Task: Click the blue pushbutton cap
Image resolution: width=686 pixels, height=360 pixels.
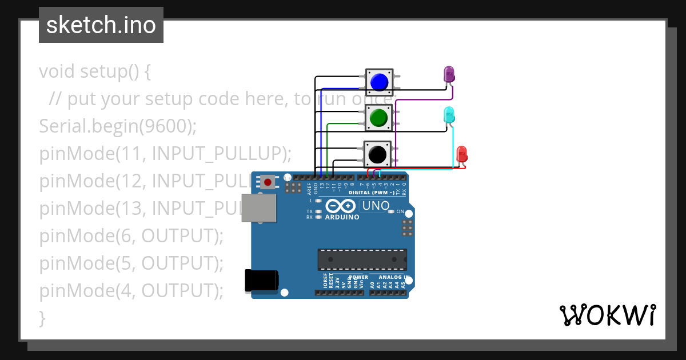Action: coord(379,82)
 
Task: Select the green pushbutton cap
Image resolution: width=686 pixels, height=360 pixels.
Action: coord(377,118)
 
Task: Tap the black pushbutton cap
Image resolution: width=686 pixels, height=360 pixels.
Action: coord(377,154)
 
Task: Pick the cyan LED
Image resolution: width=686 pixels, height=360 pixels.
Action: coord(449,114)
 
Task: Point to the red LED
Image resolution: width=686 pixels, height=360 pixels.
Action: coord(462,154)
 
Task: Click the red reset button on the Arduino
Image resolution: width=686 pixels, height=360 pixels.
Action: coord(267,182)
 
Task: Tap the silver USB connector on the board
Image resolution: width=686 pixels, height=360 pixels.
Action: coord(258,207)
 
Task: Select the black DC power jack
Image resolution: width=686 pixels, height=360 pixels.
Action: coord(261,279)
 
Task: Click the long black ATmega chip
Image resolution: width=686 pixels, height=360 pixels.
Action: coord(362,259)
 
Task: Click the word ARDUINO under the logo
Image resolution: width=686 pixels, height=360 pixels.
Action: coord(342,217)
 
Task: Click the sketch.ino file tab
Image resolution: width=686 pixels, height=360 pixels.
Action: coord(101,25)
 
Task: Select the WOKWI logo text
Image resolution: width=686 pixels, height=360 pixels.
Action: coord(607,315)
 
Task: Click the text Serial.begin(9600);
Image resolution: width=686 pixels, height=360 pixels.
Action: coord(118,126)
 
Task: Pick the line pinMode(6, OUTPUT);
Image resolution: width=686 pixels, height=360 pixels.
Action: coord(131,235)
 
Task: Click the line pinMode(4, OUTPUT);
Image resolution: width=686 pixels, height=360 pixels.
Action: coord(131,290)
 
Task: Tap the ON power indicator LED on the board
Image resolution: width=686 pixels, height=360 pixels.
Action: coord(392,212)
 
